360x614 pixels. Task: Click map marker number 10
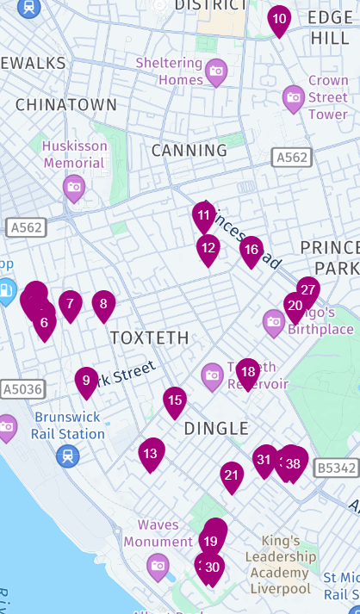pos(279,18)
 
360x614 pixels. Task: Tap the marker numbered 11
pos(203,215)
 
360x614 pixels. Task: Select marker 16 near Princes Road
pos(251,250)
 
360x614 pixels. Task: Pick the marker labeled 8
pos(103,303)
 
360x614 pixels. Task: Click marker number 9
pos(86,381)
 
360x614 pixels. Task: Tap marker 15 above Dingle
pos(175,400)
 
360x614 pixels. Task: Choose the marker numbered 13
pos(152,453)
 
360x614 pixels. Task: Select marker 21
pos(231,475)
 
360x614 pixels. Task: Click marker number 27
pos(308,290)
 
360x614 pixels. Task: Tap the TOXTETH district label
pos(149,338)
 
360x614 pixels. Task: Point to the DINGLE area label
pos(216,428)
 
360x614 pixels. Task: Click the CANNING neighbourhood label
pos(189,151)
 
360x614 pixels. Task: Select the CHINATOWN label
pos(65,104)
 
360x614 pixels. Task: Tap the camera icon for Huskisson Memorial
pos(74,187)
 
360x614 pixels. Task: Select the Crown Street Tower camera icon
pos(294,97)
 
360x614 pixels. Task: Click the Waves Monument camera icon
pos(158,566)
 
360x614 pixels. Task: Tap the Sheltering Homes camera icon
pos(216,70)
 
